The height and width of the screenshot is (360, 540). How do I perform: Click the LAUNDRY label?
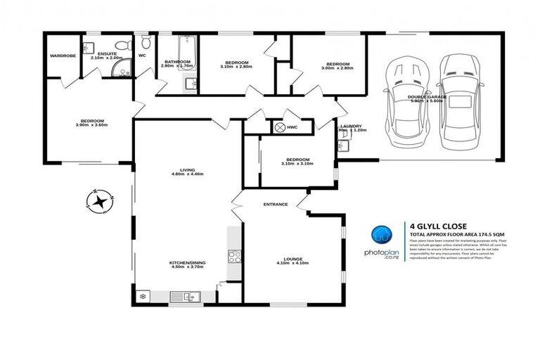(350, 126)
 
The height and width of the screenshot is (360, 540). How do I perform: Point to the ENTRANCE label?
(275, 205)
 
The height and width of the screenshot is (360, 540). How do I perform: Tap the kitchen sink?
(191, 298)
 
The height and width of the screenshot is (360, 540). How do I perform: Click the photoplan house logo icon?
(382, 234)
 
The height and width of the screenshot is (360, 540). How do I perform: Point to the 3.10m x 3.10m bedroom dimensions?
(296, 163)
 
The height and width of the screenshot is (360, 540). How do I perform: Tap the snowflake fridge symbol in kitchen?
(144, 297)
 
